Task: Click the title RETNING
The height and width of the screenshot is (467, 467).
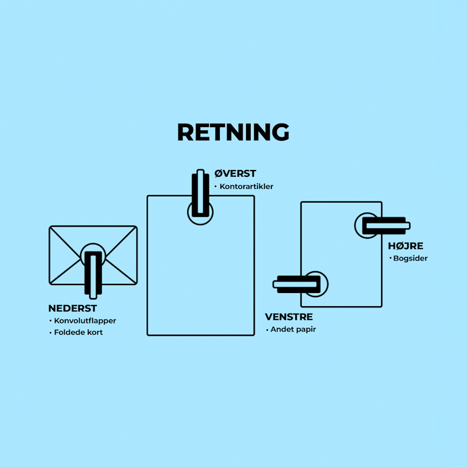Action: click(233, 132)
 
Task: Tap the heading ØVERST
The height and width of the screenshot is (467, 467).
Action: click(235, 173)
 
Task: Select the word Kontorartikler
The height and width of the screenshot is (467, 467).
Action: click(246, 187)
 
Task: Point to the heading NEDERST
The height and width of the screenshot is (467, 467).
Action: click(73, 308)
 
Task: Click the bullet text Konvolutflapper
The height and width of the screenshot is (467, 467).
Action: click(85, 320)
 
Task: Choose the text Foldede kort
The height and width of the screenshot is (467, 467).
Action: click(78, 333)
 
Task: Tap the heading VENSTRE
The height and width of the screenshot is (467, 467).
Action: click(288, 316)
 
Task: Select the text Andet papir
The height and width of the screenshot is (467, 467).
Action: click(293, 330)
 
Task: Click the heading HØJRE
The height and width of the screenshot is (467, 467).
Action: click(405, 246)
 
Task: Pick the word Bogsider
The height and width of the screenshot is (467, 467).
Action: click(410, 258)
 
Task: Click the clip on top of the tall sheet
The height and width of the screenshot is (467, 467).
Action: click(200, 193)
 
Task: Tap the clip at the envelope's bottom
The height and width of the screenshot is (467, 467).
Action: click(93, 274)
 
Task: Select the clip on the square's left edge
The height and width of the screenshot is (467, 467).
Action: click(298, 284)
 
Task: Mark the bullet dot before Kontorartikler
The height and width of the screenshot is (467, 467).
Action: click(216, 187)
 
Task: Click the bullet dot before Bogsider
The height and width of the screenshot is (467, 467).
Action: click(390, 258)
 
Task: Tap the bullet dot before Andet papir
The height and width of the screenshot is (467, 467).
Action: click(267, 330)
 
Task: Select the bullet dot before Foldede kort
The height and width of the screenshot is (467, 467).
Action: click(50, 333)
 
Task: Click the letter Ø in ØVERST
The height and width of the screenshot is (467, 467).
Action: click(219, 173)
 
